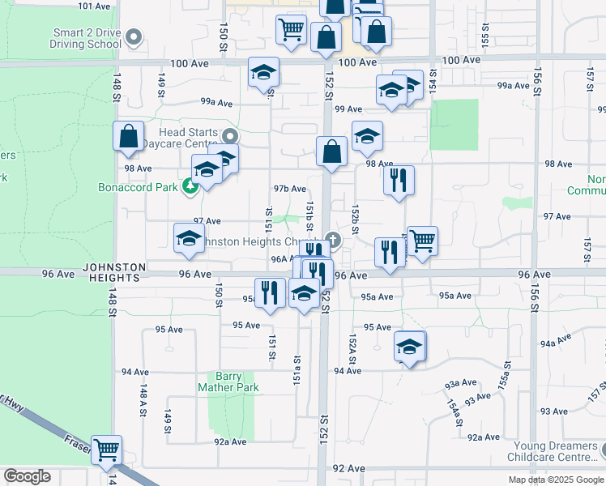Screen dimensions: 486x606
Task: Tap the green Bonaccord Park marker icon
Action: point(190,187)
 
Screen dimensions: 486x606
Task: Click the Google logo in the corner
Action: point(27,476)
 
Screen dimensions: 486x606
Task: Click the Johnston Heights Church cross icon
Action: point(332,241)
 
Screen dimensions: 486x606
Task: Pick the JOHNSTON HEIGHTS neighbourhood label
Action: point(113,272)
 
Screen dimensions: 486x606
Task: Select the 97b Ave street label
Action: point(289,189)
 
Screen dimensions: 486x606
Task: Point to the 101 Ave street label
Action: point(94,6)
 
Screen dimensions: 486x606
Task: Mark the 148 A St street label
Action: point(143,400)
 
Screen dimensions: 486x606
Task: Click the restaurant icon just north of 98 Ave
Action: point(399,181)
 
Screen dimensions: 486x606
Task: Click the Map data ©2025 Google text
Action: point(556,480)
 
